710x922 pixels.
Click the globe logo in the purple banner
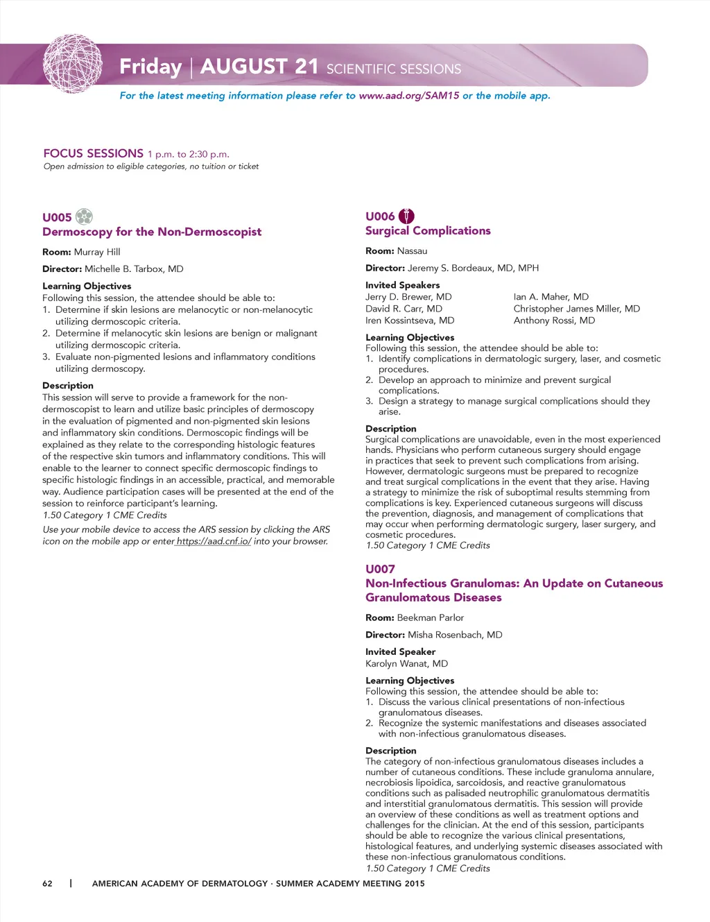(73, 64)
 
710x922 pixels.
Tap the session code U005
(57, 217)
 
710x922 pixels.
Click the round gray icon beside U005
(84, 216)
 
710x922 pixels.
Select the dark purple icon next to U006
(406, 216)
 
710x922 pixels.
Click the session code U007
(380, 569)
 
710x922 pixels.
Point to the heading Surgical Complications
(428, 231)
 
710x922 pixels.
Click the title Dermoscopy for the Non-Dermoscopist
(152, 232)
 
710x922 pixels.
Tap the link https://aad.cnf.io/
(214, 541)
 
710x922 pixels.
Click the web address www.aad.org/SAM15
(409, 96)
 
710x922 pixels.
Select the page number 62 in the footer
(47, 883)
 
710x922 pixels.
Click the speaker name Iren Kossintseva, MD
(410, 321)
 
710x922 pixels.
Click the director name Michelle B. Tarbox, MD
(134, 269)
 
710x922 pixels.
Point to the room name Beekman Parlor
(430, 617)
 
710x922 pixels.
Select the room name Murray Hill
(97, 252)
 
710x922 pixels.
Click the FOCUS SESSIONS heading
(93, 153)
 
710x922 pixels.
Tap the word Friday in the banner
(150, 67)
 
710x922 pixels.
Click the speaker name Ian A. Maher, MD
(551, 297)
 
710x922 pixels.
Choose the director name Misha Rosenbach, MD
(455, 635)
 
